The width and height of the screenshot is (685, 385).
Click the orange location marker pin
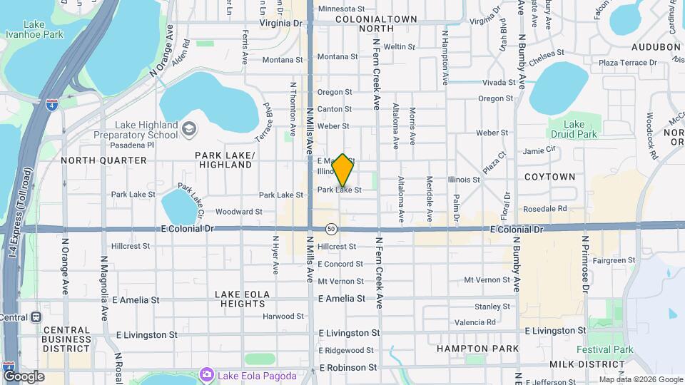pyautogui.click(x=343, y=170)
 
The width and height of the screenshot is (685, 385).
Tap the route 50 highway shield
pyautogui.click(x=331, y=229)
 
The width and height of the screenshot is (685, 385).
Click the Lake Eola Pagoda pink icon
pyautogui.click(x=207, y=374)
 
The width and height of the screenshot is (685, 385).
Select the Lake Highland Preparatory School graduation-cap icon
pyautogui.click(x=188, y=129)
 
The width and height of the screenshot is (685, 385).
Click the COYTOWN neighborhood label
pyautogui.click(x=549, y=176)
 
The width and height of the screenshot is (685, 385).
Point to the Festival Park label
pyautogui.click(x=605, y=350)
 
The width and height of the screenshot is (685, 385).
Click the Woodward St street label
pyautogui.click(x=238, y=212)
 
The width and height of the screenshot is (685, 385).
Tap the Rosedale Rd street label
pyautogui.click(x=544, y=209)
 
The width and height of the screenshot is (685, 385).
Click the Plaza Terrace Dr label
pyautogui.click(x=629, y=63)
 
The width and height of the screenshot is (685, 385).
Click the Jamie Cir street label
pyautogui.click(x=539, y=150)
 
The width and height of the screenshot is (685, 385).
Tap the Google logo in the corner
pyautogui.click(x=24, y=376)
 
